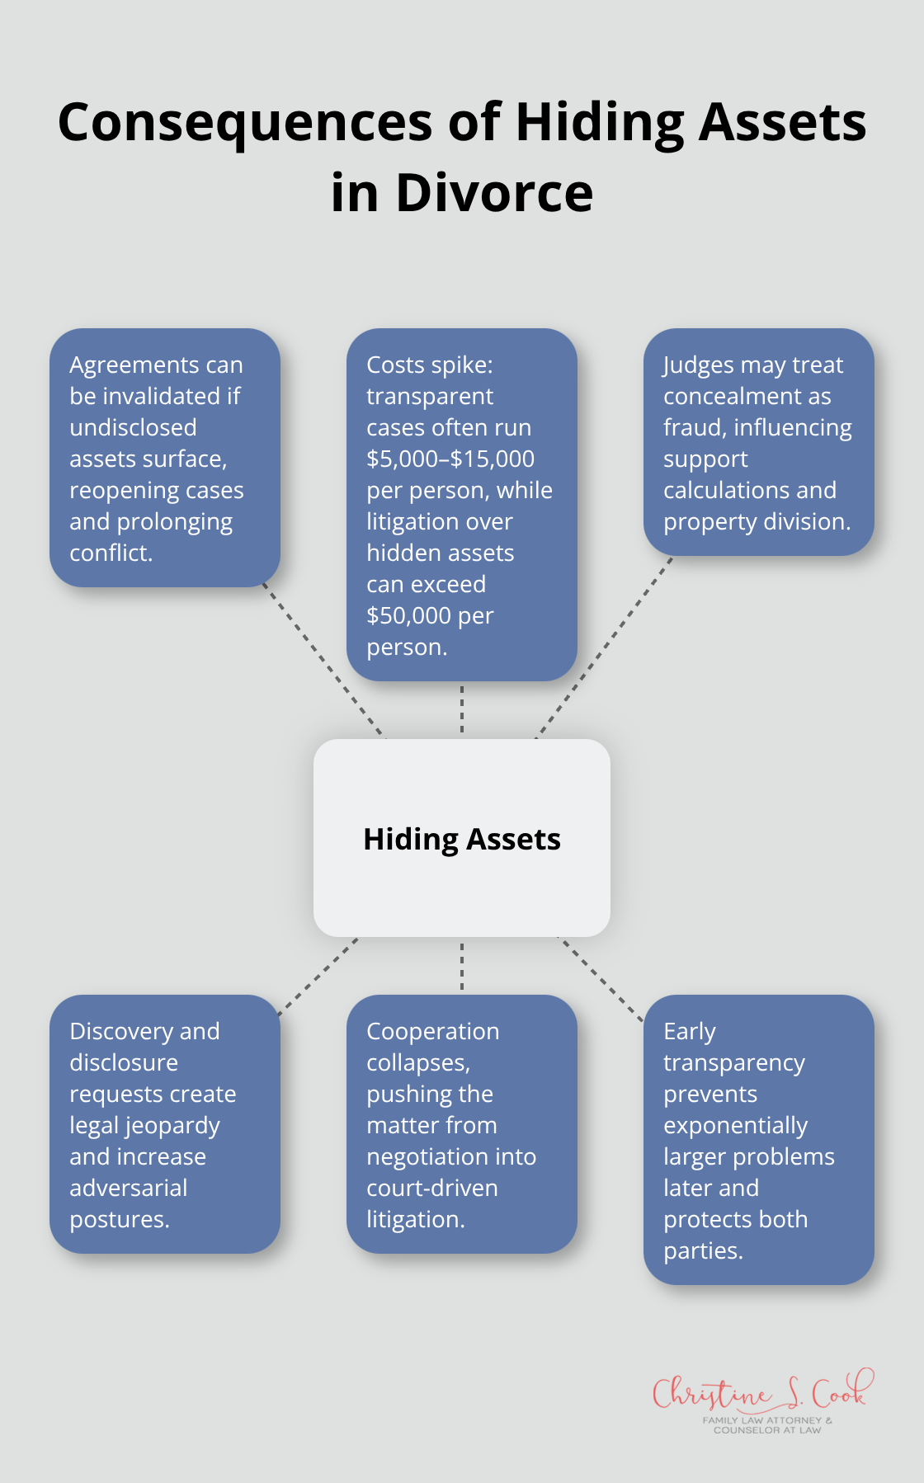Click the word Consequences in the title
pos(245,122)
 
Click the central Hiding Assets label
pos(461,839)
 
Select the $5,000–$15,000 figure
pos(450,459)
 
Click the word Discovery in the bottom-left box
pos(121,1031)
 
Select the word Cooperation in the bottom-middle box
pos(432,1031)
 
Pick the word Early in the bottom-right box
pos(689,1031)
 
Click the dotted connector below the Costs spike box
pos(462,709)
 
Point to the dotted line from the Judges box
pos(603,648)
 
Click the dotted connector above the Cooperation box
pos(462,966)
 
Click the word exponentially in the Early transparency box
pos(735,1125)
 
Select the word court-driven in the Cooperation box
pos(431,1188)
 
